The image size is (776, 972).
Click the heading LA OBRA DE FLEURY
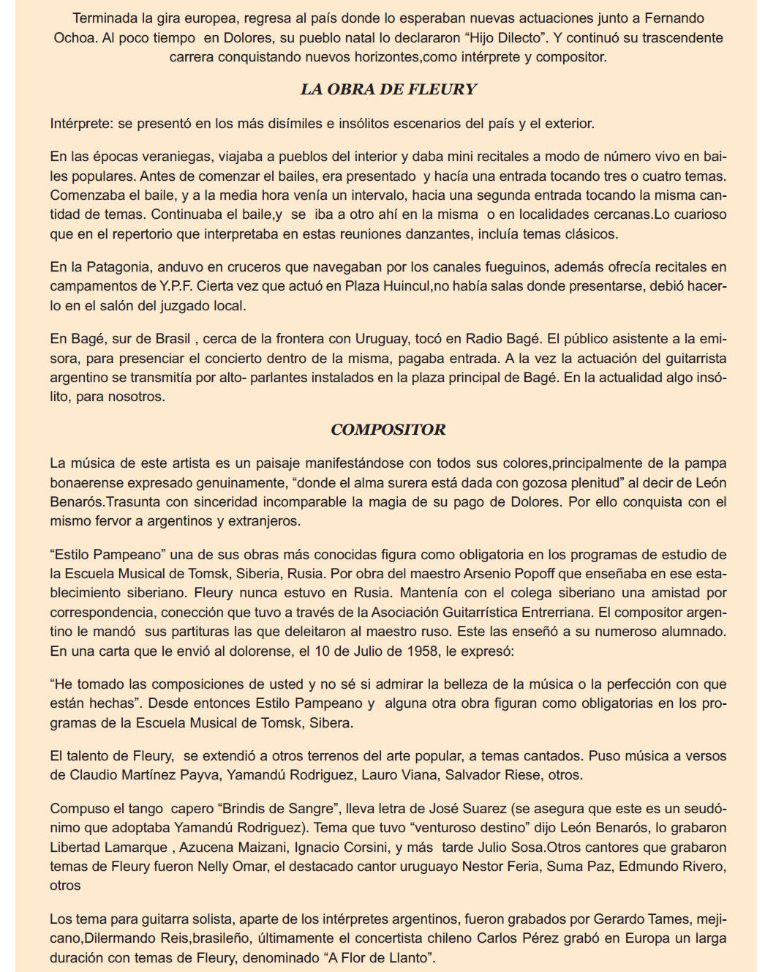(388, 89)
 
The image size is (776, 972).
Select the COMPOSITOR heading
(388, 430)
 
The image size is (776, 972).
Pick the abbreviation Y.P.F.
(176, 286)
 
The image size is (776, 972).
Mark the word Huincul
(405, 286)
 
